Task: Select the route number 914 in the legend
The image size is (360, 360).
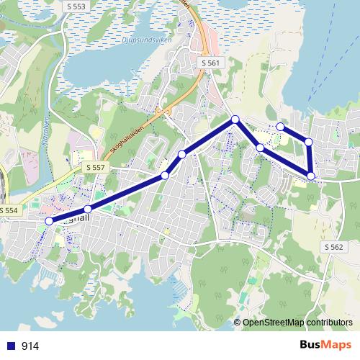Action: [30, 346]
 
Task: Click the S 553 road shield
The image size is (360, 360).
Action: [74, 6]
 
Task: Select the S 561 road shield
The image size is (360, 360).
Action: [210, 63]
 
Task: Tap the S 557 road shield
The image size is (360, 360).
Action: [95, 167]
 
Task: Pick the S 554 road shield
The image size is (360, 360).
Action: [9, 210]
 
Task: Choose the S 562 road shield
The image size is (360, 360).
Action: [333, 246]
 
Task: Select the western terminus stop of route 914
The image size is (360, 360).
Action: [49, 221]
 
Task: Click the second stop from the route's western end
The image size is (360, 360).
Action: [88, 209]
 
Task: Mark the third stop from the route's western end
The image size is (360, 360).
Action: [165, 175]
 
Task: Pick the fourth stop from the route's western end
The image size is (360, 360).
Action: [182, 154]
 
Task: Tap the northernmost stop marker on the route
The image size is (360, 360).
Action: [235, 120]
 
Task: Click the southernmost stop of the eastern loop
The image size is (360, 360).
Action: [311, 176]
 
